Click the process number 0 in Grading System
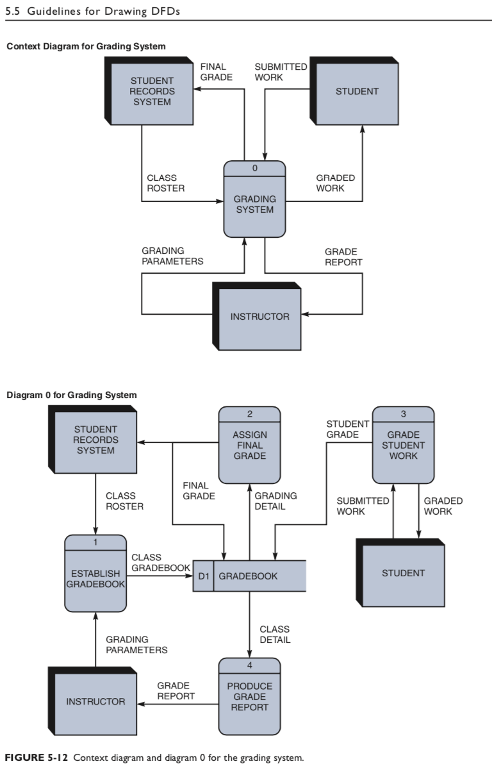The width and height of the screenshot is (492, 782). pos(254,168)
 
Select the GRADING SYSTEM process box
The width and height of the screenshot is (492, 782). pos(254,204)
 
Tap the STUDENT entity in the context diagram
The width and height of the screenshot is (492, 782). pos(357,92)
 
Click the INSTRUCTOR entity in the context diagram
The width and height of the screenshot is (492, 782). pos(259,317)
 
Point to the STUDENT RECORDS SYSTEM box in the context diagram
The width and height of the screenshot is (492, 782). pos(151,92)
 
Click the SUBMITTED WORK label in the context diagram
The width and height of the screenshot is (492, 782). pos(281,72)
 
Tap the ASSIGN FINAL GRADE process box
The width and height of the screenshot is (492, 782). pos(249,445)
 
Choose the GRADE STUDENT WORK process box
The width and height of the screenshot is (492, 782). pos(403,445)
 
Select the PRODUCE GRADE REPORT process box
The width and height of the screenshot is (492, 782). pos(249,697)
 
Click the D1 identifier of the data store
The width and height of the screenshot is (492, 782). pos(203,576)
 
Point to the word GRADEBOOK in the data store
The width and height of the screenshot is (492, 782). pos(248,576)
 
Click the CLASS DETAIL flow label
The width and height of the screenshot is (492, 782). pos(275,635)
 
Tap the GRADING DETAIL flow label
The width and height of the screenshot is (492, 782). pos(275,501)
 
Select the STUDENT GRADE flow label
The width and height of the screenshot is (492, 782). pos(347,429)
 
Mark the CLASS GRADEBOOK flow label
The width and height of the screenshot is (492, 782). pos(160,563)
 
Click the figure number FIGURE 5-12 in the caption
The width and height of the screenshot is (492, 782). pos(37,758)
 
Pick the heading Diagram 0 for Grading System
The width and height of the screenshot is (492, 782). pos(71,395)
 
